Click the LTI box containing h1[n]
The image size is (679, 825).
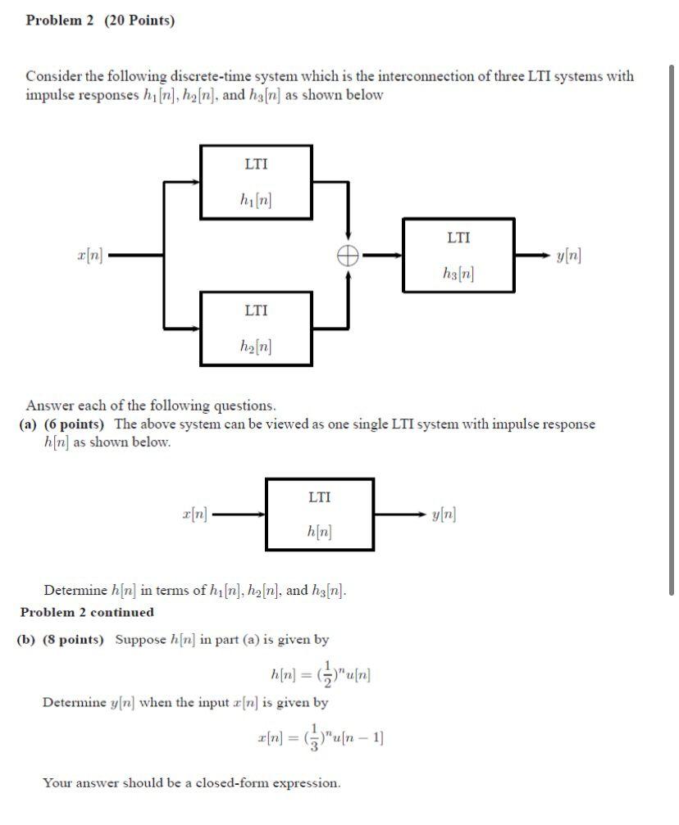coord(256,182)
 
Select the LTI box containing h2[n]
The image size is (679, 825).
coord(256,329)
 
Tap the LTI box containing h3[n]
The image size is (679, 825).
coord(458,255)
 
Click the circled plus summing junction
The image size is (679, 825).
coord(349,256)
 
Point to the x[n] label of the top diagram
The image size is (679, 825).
coord(89,256)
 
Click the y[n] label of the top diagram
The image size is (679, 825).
coord(568,256)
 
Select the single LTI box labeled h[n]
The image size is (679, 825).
coord(320,514)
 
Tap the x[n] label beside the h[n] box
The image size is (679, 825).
coord(195,514)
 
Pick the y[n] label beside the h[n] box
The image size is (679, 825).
coord(444,514)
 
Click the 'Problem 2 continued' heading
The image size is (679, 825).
coord(87,612)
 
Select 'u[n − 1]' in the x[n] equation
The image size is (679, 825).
coord(358,736)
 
